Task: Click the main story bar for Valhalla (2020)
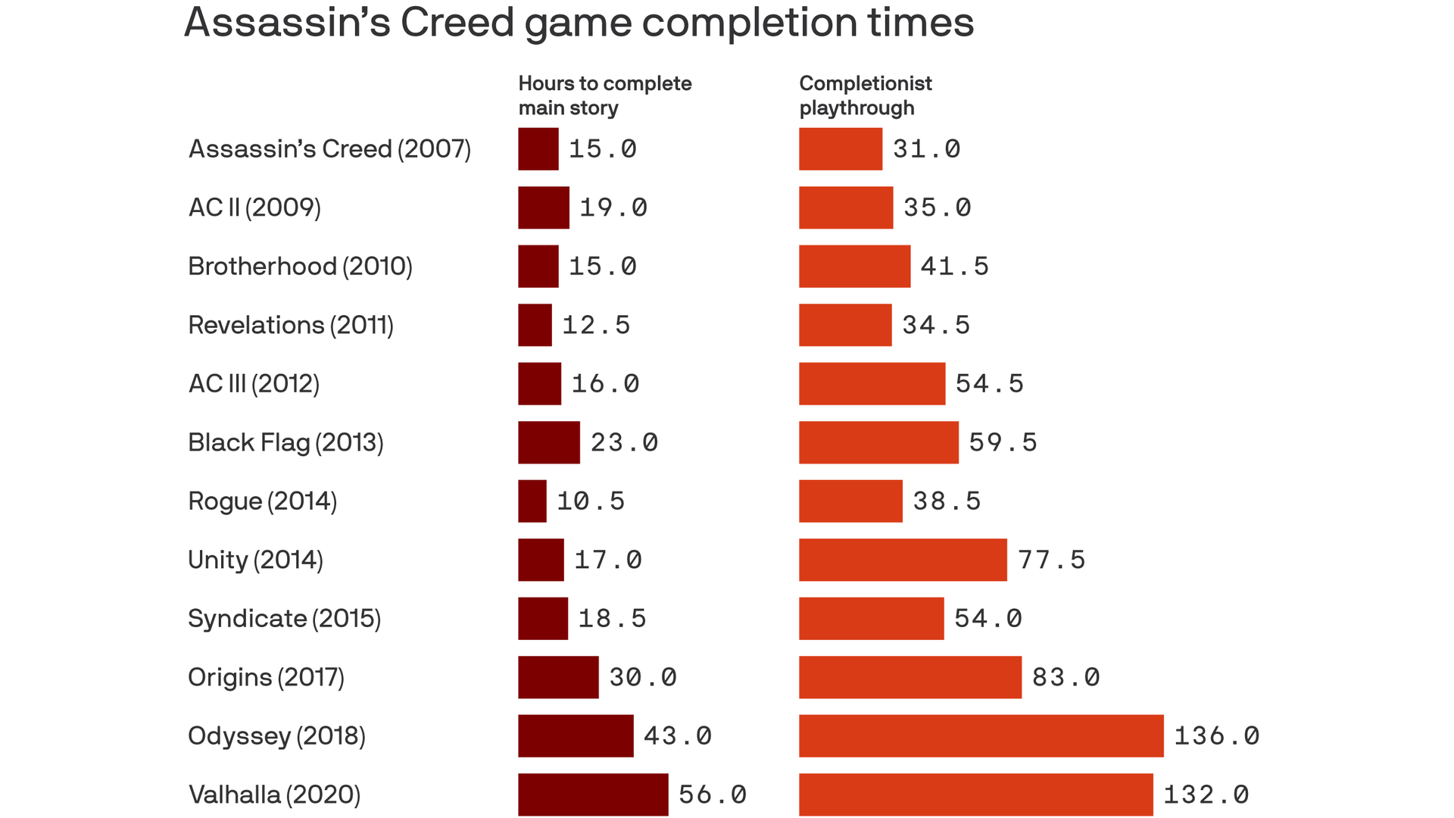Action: click(593, 794)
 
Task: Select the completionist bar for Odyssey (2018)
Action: click(981, 735)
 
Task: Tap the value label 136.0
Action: click(1216, 735)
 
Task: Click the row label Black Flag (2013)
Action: click(285, 442)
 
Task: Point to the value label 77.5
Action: click(1051, 560)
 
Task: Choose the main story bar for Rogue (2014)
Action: click(532, 501)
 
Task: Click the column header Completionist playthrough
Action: click(865, 95)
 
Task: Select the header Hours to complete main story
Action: click(604, 95)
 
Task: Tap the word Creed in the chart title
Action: click(457, 23)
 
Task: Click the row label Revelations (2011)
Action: click(291, 325)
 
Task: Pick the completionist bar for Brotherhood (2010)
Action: click(854, 266)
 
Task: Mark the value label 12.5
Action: click(596, 325)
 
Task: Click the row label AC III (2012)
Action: click(254, 384)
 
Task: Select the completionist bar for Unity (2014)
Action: click(903, 560)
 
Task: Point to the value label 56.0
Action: click(712, 794)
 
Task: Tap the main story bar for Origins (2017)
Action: click(558, 677)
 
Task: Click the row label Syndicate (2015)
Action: click(284, 618)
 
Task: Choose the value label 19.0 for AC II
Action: click(613, 208)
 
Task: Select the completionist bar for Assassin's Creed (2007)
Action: click(841, 148)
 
